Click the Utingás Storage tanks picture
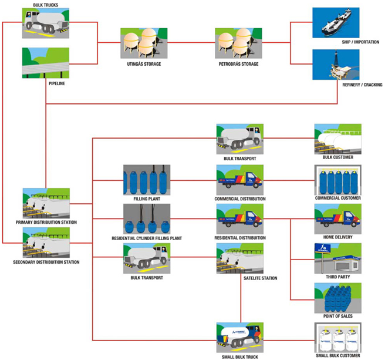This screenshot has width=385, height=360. click(x=144, y=43)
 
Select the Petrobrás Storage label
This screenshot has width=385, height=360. click(x=238, y=64)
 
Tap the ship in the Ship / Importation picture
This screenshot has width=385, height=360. click(x=336, y=22)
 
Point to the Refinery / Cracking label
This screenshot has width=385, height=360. click(x=362, y=85)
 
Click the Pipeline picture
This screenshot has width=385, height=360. click(x=46, y=63)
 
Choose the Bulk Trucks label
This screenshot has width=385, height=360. click(x=46, y=5)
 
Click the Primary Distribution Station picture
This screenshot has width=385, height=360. click(x=46, y=203)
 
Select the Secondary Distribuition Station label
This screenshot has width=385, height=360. click(x=46, y=262)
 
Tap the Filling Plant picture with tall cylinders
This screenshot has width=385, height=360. click(x=147, y=180)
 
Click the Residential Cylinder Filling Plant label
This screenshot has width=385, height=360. click(x=147, y=238)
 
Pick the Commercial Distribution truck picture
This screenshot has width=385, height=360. click(x=240, y=180)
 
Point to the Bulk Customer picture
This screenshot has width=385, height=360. click(x=338, y=139)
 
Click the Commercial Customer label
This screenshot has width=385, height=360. click(x=338, y=198)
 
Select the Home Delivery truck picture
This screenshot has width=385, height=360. click(x=338, y=218)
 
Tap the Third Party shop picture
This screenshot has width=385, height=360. click(x=338, y=258)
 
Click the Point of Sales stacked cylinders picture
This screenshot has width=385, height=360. click(x=338, y=298)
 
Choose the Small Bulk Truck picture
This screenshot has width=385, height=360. click(x=240, y=338)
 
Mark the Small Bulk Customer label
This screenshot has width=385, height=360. click(x=338, y=355)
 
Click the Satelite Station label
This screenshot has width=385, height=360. click(x=260, y=278)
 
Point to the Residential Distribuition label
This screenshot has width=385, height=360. click(x=240, y=238)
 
